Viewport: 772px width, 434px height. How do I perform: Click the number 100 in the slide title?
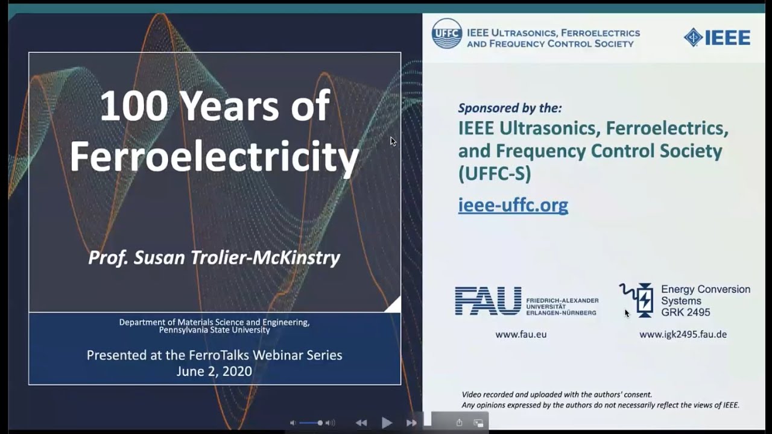pyautogui.click(x=133, y=106)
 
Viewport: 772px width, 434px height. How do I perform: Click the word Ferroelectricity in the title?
pyautogui.click(x=214, y=157)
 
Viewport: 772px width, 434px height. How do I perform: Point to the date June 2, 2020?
pyautogui.click(x=214, y=371)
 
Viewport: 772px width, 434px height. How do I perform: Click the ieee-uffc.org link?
pyautogui.click(x=513, y=205)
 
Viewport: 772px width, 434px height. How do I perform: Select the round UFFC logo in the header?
pyautogui.click(x=446, y=34)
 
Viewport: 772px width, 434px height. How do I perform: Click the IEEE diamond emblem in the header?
pyautogui.click(x=693, y=37)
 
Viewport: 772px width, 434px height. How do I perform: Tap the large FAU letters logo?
pyautogui.click(x=488, y=301)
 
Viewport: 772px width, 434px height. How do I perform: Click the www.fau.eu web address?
pyautogui.click(x=520, y=334)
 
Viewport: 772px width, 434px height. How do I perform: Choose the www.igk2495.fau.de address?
pyautogui.click(x=683, y=334)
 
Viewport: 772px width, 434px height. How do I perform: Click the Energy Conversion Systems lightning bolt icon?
pyautogui.click(x=644, y=300)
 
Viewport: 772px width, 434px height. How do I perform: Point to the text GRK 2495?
pyautogui.click(x=685, y=312)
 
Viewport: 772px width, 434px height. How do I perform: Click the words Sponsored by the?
pyautogui.click(x=510, y=108)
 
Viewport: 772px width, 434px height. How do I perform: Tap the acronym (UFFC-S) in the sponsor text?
pyautogui.click(x=495, y=174)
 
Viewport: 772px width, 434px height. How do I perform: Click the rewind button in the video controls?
pyautogui.click(x=361, y=423)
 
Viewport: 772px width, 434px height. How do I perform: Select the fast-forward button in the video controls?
pyautogui.click(x=411, y=423)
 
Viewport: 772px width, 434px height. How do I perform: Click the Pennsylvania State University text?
pyautogui.click(x=214, y=330)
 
